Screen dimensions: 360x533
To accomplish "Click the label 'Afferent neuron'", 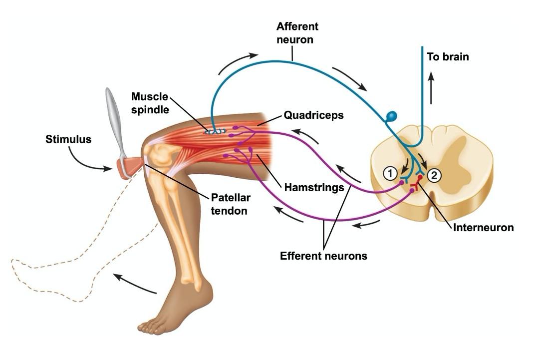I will click(x=297, y=32).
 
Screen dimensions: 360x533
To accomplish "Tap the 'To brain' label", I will click(x=448, y=56).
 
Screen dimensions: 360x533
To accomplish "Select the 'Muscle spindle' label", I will click(x=150, y=103).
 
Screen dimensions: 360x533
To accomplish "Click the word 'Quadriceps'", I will click(x=313, y=115).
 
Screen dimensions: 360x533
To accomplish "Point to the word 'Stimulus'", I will click(x=68, y=139).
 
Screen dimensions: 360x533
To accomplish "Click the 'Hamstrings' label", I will click(x=314, y=188).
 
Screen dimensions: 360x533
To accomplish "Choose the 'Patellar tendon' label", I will click(x=231, y=204).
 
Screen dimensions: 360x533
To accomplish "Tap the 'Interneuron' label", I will click(x=483, y=227).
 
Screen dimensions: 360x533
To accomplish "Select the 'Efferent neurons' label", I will click(x=323, y=256).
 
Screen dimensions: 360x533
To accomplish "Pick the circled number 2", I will click(x=434, y=175).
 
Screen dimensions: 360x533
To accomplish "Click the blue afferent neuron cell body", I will click(x=391, y=117).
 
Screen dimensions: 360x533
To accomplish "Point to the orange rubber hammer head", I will click(x=128, y=166).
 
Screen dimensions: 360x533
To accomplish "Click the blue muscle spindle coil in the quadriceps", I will click(x=216, y=131).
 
